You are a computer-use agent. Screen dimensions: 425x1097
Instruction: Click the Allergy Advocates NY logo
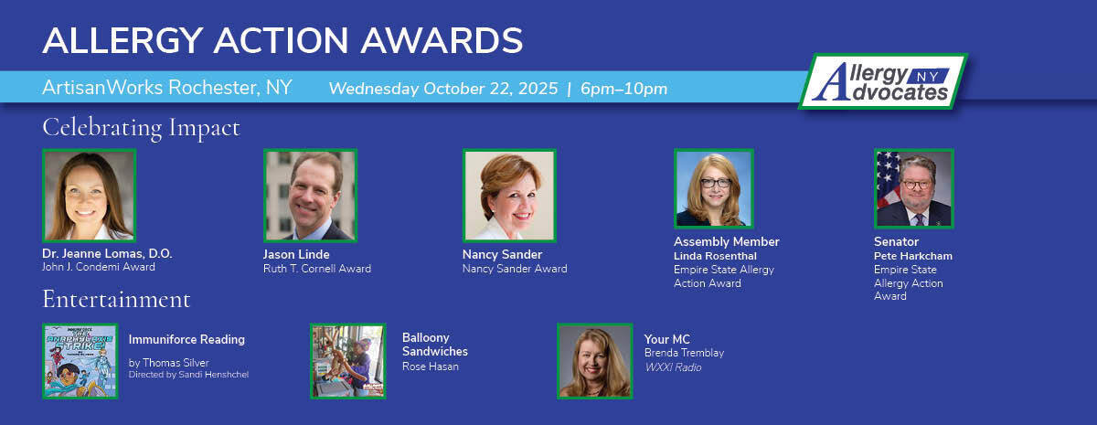882,82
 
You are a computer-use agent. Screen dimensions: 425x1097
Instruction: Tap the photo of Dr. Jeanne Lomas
89,196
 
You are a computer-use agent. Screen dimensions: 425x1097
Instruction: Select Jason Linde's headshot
310,196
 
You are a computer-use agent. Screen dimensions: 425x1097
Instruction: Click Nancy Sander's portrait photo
509,196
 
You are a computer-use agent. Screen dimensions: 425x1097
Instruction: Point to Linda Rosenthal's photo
714,188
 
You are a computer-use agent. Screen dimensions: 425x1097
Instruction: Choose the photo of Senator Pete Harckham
913,188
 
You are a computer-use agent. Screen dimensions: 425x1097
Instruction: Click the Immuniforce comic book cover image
80,361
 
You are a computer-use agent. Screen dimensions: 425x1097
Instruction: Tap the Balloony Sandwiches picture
347,361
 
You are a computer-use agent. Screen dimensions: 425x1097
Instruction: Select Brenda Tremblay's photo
594,361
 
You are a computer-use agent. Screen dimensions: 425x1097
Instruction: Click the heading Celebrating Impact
141,127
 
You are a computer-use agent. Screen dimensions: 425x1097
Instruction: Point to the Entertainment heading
116,300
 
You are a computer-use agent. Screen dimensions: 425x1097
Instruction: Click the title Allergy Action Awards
282,40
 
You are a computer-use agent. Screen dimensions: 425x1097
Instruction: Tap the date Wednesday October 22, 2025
442,90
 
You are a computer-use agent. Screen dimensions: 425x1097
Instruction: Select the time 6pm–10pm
623,90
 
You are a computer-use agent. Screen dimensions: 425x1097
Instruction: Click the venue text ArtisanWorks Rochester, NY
166,88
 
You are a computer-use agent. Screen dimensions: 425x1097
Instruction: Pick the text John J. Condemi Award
99,268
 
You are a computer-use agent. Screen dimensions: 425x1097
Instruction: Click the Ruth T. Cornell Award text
316,269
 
